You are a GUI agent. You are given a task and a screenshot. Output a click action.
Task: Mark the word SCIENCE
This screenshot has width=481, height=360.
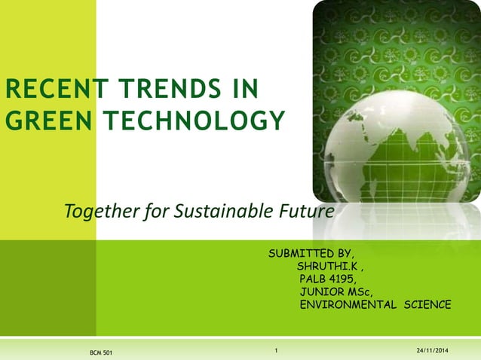tap(427, 304)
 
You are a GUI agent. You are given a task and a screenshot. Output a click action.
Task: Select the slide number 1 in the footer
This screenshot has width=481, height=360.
tap(277, 350)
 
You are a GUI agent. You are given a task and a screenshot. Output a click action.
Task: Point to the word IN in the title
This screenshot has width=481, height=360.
tap(244, 90)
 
